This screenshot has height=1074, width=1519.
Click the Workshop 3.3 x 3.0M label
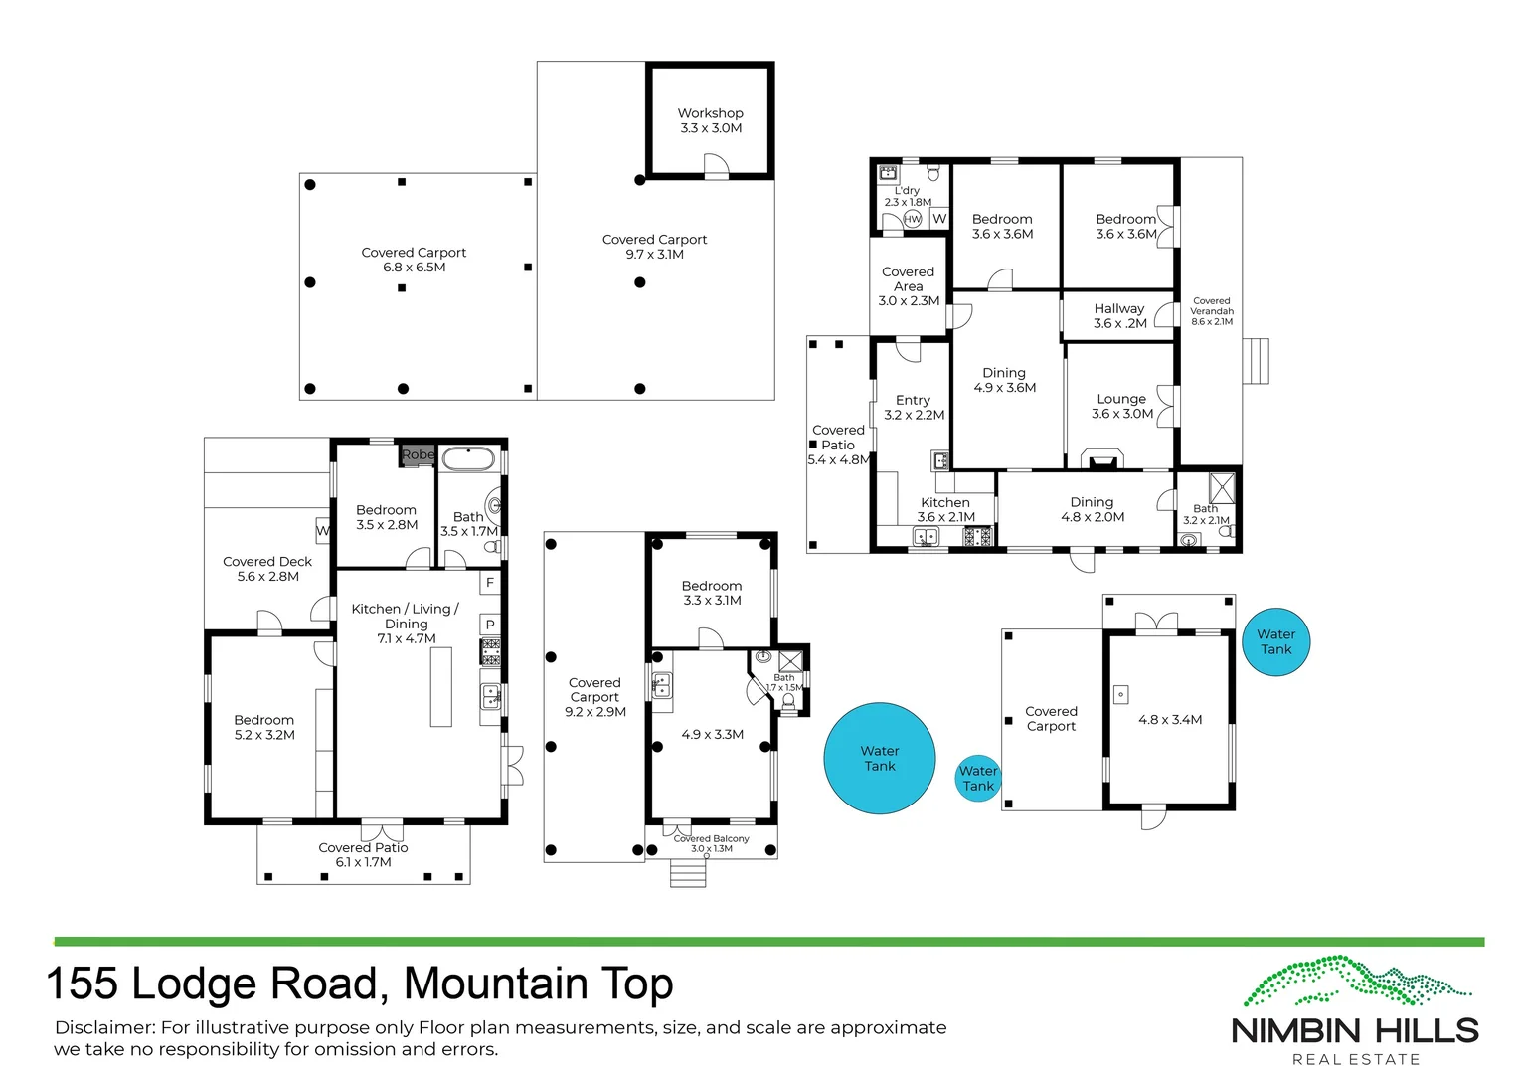710,120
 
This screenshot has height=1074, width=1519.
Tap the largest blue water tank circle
879,758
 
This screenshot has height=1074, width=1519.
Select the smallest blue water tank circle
977,778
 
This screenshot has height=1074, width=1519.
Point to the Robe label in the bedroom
418,454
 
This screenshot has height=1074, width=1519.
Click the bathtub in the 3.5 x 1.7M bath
467,459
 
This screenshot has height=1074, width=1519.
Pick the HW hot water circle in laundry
912,219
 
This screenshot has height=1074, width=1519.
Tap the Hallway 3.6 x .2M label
1119,316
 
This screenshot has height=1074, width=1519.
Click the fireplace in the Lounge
1101,461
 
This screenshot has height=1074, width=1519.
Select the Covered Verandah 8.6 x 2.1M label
1211,311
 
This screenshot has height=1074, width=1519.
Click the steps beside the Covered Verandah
1257,361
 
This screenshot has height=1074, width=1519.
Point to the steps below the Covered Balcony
688,873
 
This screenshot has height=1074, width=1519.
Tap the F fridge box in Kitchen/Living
490,583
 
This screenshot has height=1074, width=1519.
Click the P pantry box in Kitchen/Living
490,625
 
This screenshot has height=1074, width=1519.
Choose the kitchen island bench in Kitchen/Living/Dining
440,687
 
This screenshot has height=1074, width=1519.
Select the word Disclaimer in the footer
104,1028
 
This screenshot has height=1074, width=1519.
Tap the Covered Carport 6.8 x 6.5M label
414,260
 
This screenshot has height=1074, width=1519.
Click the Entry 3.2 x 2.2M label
914,408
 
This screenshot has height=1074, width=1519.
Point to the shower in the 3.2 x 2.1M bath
1221,487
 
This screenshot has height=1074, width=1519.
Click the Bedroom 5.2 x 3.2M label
264,727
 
